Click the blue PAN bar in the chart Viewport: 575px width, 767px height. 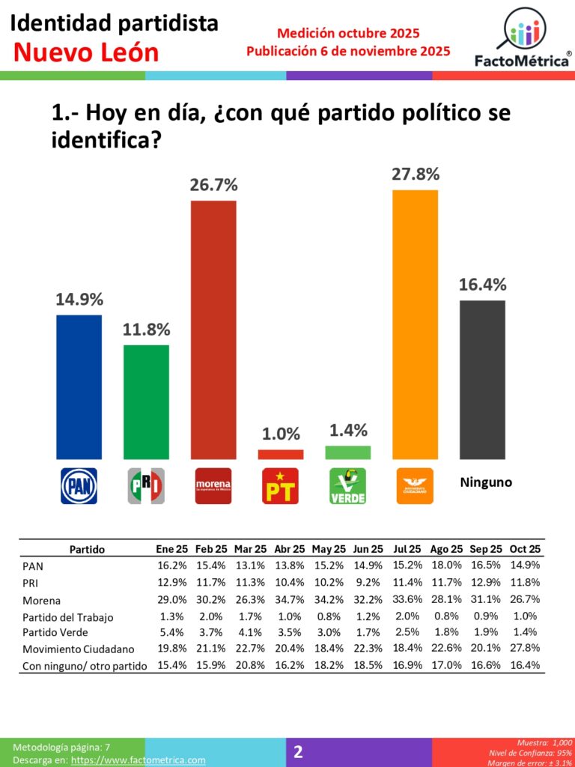click(79, 386)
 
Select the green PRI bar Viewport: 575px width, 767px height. click(146, 401)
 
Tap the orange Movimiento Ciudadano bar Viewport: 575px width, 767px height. click(415, 324)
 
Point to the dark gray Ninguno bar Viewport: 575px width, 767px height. click(482, 379)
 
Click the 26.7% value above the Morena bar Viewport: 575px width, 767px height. click(213, 184)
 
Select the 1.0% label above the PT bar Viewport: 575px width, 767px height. click(281, 434)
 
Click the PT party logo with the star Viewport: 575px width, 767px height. click(281, 485)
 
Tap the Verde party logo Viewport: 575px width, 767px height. click(348, 485)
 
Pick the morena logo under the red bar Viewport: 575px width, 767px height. click(213, 485)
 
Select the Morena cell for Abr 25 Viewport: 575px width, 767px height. click(288, 601)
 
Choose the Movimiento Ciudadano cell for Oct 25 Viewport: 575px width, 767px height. click(525, 649)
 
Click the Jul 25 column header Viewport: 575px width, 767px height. click(405, 549)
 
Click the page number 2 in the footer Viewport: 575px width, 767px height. click(298, 752)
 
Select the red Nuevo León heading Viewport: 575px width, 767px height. click(87, 52)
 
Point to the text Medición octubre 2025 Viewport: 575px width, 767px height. click(348, 34)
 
